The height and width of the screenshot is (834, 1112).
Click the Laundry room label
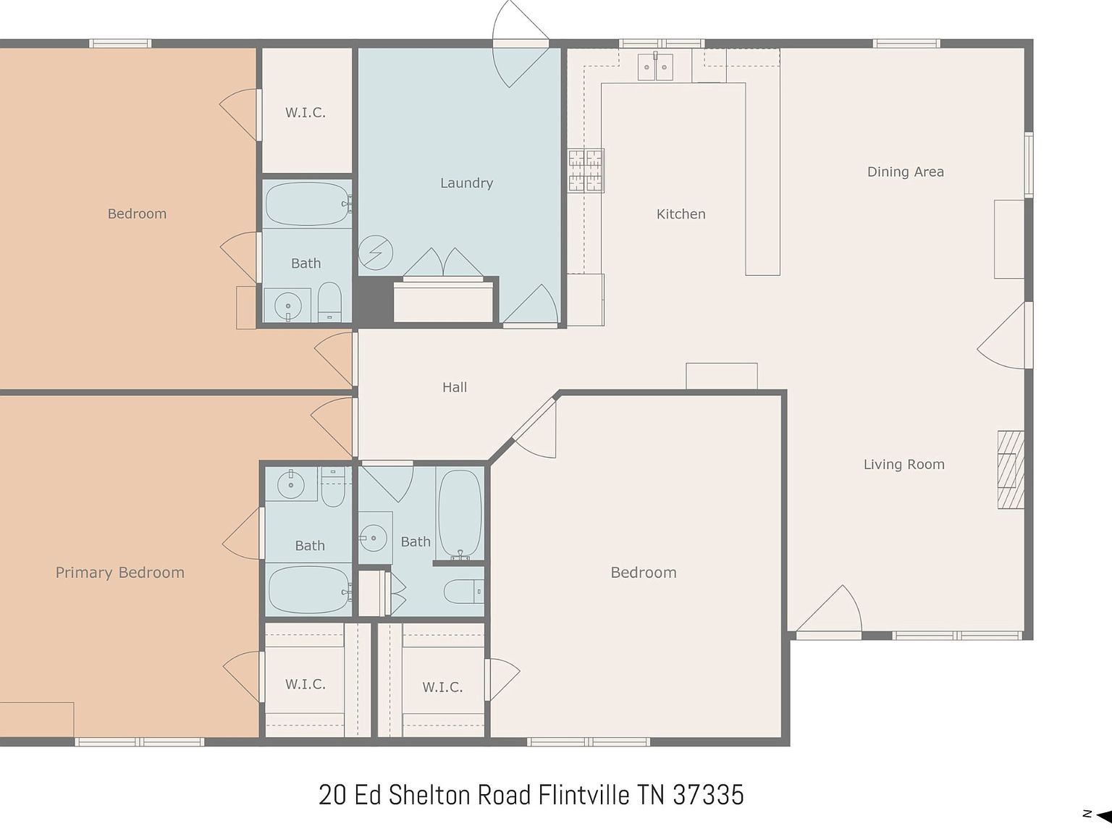(466, 183)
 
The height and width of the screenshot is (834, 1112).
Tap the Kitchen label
(681, 214)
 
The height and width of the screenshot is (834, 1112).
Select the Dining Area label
(905, 172)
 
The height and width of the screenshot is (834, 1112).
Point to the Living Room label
(903, 465)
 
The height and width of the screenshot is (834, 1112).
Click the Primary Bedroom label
(120, 573)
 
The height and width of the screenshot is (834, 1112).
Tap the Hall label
(455, 387)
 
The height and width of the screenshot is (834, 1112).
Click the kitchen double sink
(655, 67)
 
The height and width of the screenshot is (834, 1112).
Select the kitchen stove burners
(586, 171)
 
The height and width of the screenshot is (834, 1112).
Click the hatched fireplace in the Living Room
(1011, 470)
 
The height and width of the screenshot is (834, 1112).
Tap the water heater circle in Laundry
(376, 253)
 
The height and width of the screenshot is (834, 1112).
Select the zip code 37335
(708, 795)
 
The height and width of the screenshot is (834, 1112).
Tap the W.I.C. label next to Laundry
(305, 113)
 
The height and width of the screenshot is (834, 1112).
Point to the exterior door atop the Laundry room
(520, 33)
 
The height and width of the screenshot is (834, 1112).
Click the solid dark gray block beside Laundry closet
(372, 299)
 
